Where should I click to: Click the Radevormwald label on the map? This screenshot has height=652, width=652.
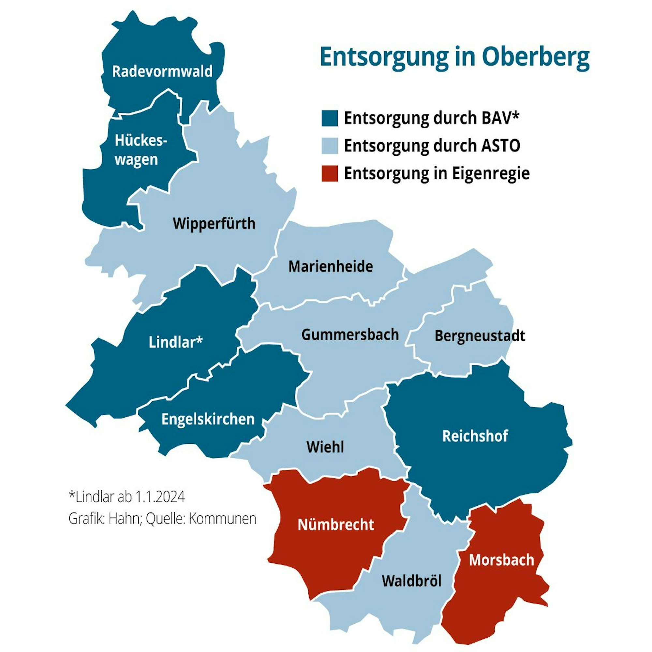point(162,71)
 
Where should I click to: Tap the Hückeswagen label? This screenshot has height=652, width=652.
point(141,150)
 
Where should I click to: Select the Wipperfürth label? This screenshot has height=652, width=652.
point(214,223)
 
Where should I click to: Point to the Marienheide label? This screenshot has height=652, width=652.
point(330,267)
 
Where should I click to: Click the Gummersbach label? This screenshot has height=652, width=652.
point(350,335)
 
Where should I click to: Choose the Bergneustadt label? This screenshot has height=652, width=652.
point(480,336)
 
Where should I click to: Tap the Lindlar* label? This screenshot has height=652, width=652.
point(175,343)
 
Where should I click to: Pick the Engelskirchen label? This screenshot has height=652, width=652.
point(208,419)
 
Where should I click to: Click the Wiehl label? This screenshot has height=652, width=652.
point(325,447)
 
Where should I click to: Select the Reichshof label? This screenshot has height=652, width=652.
point(475,436)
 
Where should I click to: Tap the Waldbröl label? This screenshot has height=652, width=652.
point(411,581)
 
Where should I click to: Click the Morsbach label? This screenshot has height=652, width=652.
point(501,560)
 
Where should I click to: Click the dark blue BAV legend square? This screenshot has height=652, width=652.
point(329,118)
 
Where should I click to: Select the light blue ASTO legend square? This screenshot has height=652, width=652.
point(329,146)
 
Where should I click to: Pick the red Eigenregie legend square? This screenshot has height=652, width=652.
point(329,174)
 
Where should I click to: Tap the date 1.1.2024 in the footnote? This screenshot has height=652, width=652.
point(160,497)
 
